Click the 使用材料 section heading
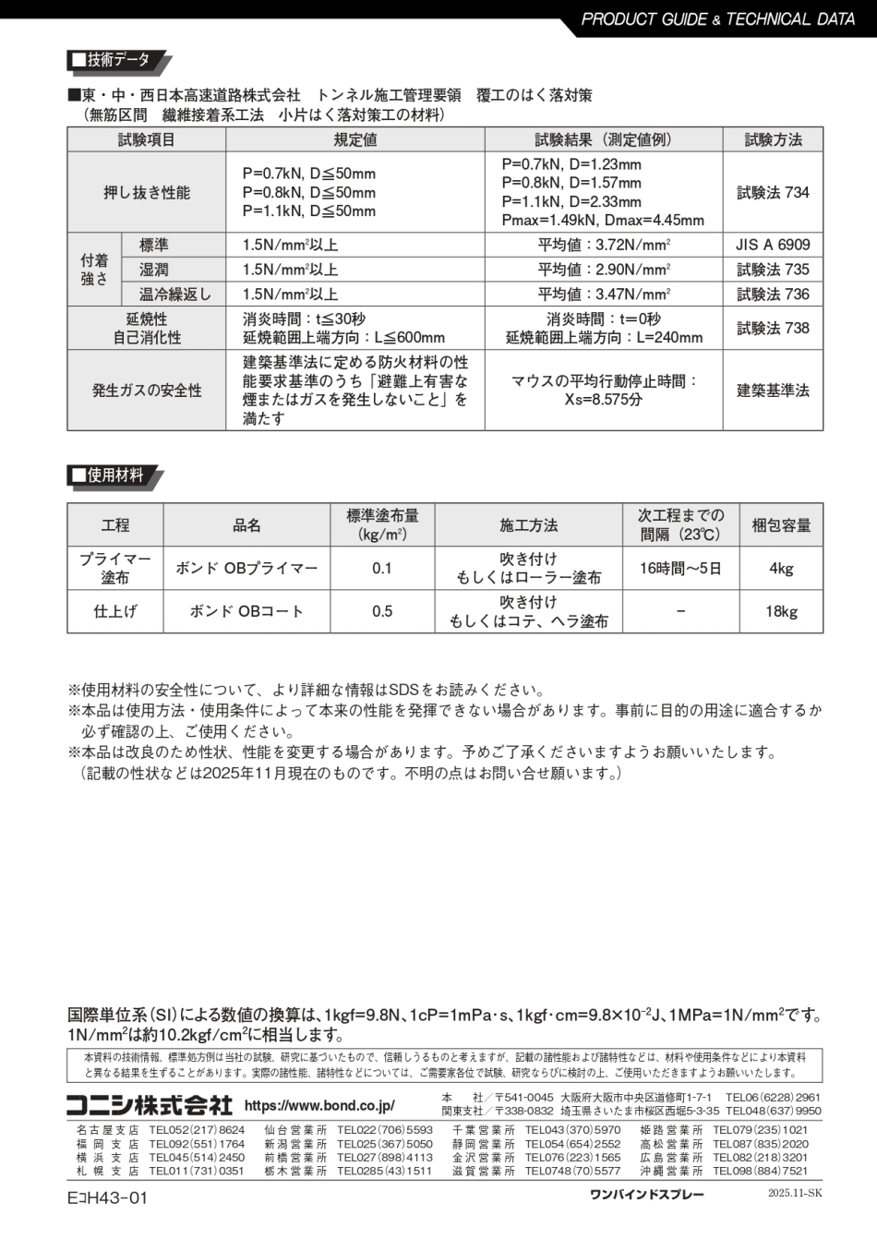[x=114, y=475]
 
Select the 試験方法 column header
[x=773, y=140]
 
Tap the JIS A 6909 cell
[x=773, y=245]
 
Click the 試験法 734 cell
[x=773, y=192]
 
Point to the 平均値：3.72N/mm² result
[x=604, y=245]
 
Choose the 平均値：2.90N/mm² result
[x=604, y=270]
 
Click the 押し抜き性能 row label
[x=147, y=192]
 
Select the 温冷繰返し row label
[x=174, y=295]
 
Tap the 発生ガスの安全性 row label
[x=147, y=391]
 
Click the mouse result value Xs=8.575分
[x=604, y=400]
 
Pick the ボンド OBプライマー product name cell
[x=246, y=569]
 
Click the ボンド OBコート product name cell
[x=246, y=611]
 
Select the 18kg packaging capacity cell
[x=781, y=611]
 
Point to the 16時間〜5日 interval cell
[x=680, y=569]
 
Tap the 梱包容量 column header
[x=781, y=525]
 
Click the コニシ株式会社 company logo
[x=149, y=1105]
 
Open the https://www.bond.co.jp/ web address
[x=319, y=1106]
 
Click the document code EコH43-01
[x=107, y=1198]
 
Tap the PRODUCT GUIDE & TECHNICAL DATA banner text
[x=718, y=18]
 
